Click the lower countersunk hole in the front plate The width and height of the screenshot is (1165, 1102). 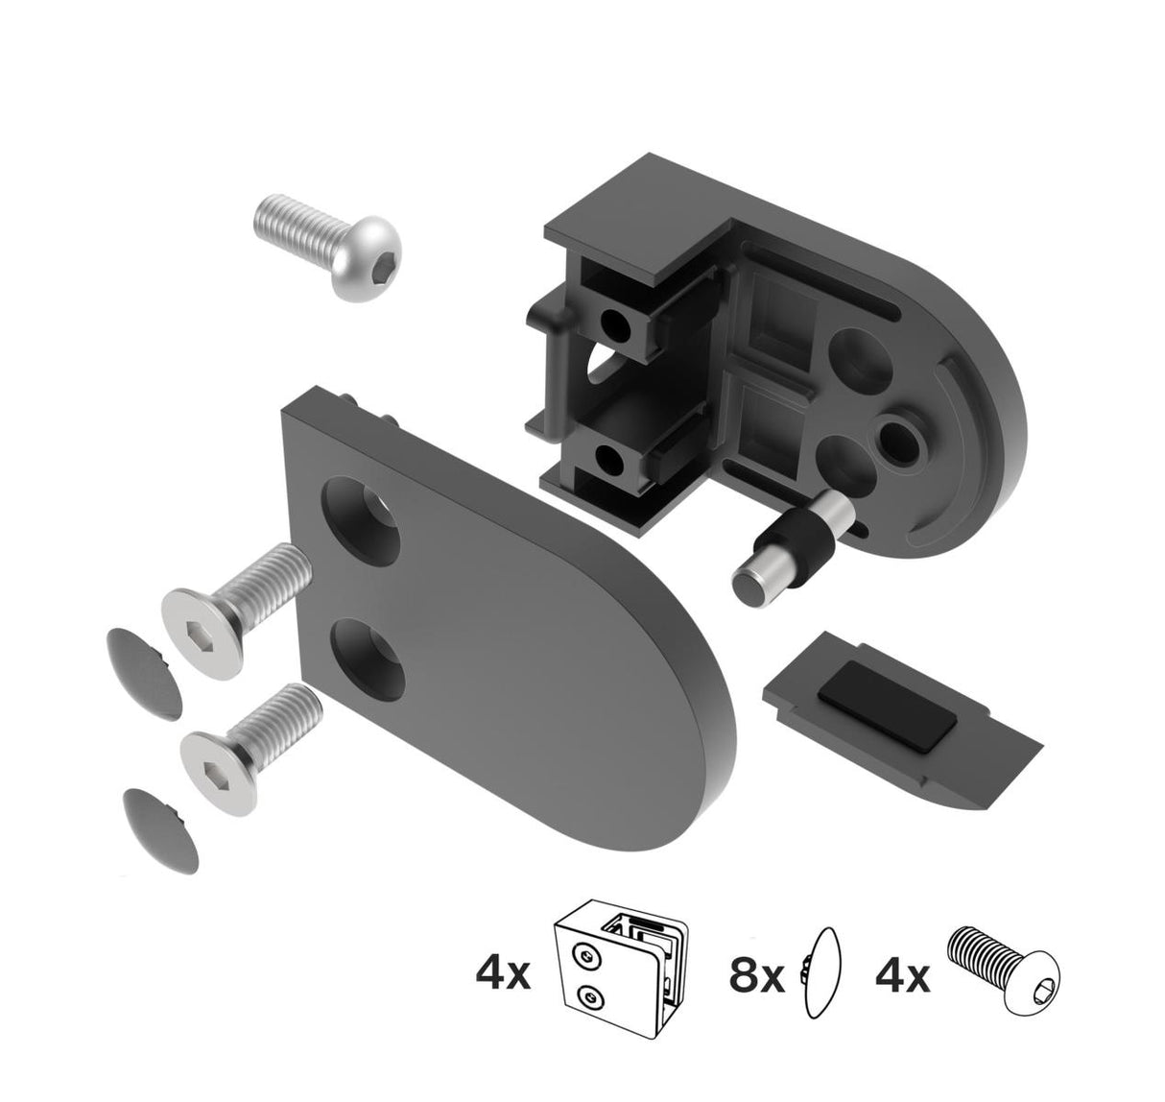(369, 654)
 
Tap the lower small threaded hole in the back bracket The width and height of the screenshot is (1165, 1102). (607, 460)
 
